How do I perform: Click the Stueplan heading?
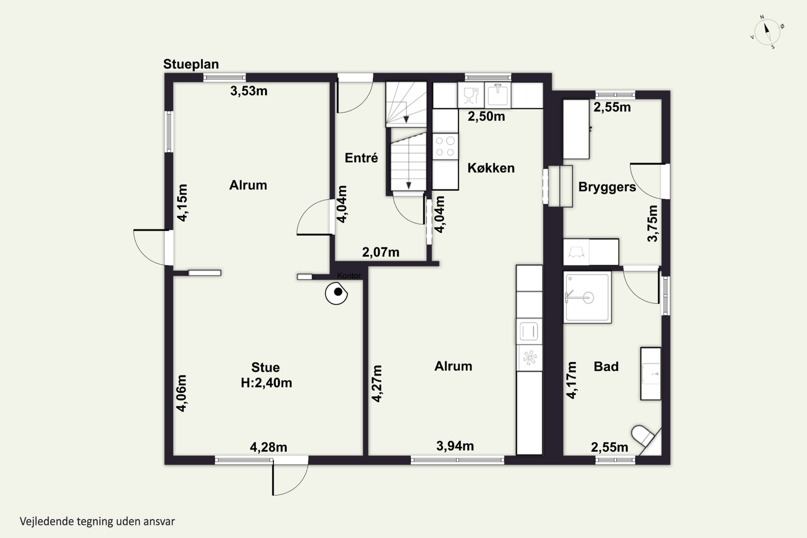click(x=191, y=65)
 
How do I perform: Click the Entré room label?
click(x=361, y=158)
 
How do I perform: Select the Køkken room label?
click(x=491, y=168)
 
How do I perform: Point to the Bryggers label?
click(x=607, y=187)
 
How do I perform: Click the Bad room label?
click(x=606, y=366)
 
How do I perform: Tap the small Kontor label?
click(x=349, y=275)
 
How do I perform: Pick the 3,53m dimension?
click(x=249, y=91)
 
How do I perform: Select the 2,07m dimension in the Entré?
click(x=381, y=252)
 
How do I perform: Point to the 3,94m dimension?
click(x=455, y=446)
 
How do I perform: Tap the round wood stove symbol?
click(x=336, y=293)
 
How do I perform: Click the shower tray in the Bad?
click(x=587, y=297)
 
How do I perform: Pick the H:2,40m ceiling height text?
click(x=266, y=383)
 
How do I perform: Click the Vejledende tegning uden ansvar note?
click(x=97, y=522)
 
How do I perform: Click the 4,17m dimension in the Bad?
click(x=571, y=380)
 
